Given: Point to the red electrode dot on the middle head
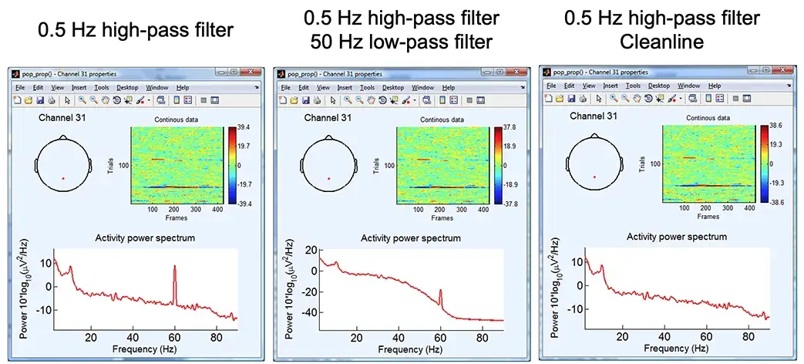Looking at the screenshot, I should click(329, 178).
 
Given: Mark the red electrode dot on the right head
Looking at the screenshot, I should click(594, 177).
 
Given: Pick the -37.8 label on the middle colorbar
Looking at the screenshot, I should click(510, 204).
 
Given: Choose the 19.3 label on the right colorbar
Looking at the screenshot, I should click(775, 143).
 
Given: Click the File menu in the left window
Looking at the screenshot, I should click(20, 88).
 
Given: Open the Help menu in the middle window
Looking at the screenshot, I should click(448, 88).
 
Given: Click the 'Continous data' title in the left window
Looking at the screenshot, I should click(178, 120).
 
